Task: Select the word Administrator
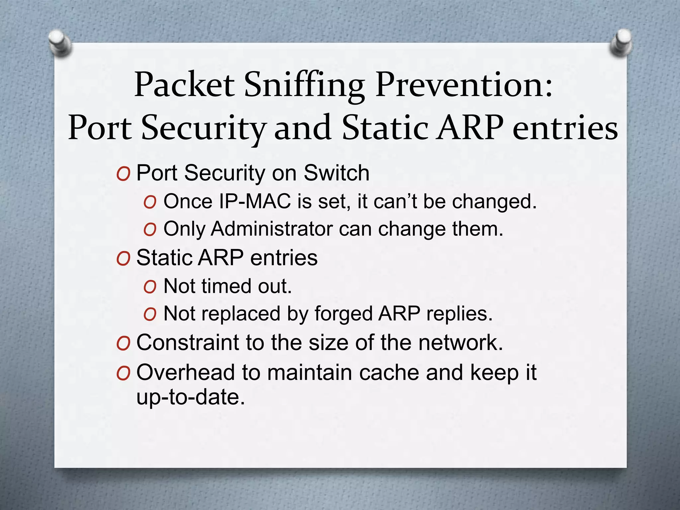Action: coord(272,229)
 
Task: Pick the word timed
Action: coord(226,286)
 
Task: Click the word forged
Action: coord(343,314)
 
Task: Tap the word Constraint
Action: coord(188,343)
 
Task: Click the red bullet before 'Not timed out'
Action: coord(150,287)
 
